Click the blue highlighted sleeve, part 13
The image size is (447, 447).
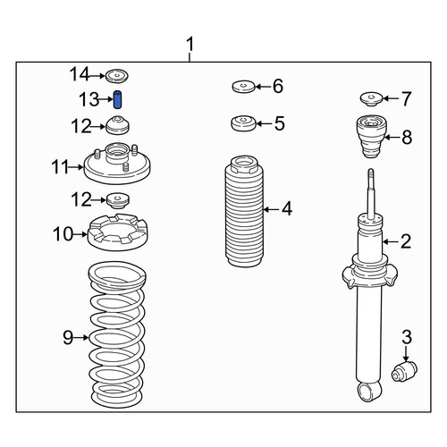point(118,99)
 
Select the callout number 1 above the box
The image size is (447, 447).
point(190,44)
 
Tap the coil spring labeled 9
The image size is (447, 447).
point(117,334)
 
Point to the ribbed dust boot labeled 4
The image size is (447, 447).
point(244,211)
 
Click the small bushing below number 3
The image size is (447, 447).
point(404,370)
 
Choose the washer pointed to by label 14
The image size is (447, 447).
point(117,76)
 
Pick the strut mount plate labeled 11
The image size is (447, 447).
point(117,164)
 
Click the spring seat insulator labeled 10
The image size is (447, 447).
point(117,232)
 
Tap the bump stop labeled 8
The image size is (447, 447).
point(371,137)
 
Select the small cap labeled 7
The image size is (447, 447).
point(371,99)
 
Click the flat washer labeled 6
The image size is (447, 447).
point(244,87)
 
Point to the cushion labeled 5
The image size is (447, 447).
point(244,123)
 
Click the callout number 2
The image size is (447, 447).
point(406,241)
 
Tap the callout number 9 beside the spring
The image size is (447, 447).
point(68,338)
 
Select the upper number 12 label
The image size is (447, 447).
point(81,126)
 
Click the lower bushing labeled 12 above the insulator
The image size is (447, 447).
point(118,201)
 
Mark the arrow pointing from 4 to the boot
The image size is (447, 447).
point(271,210)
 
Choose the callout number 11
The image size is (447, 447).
point(60,167)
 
